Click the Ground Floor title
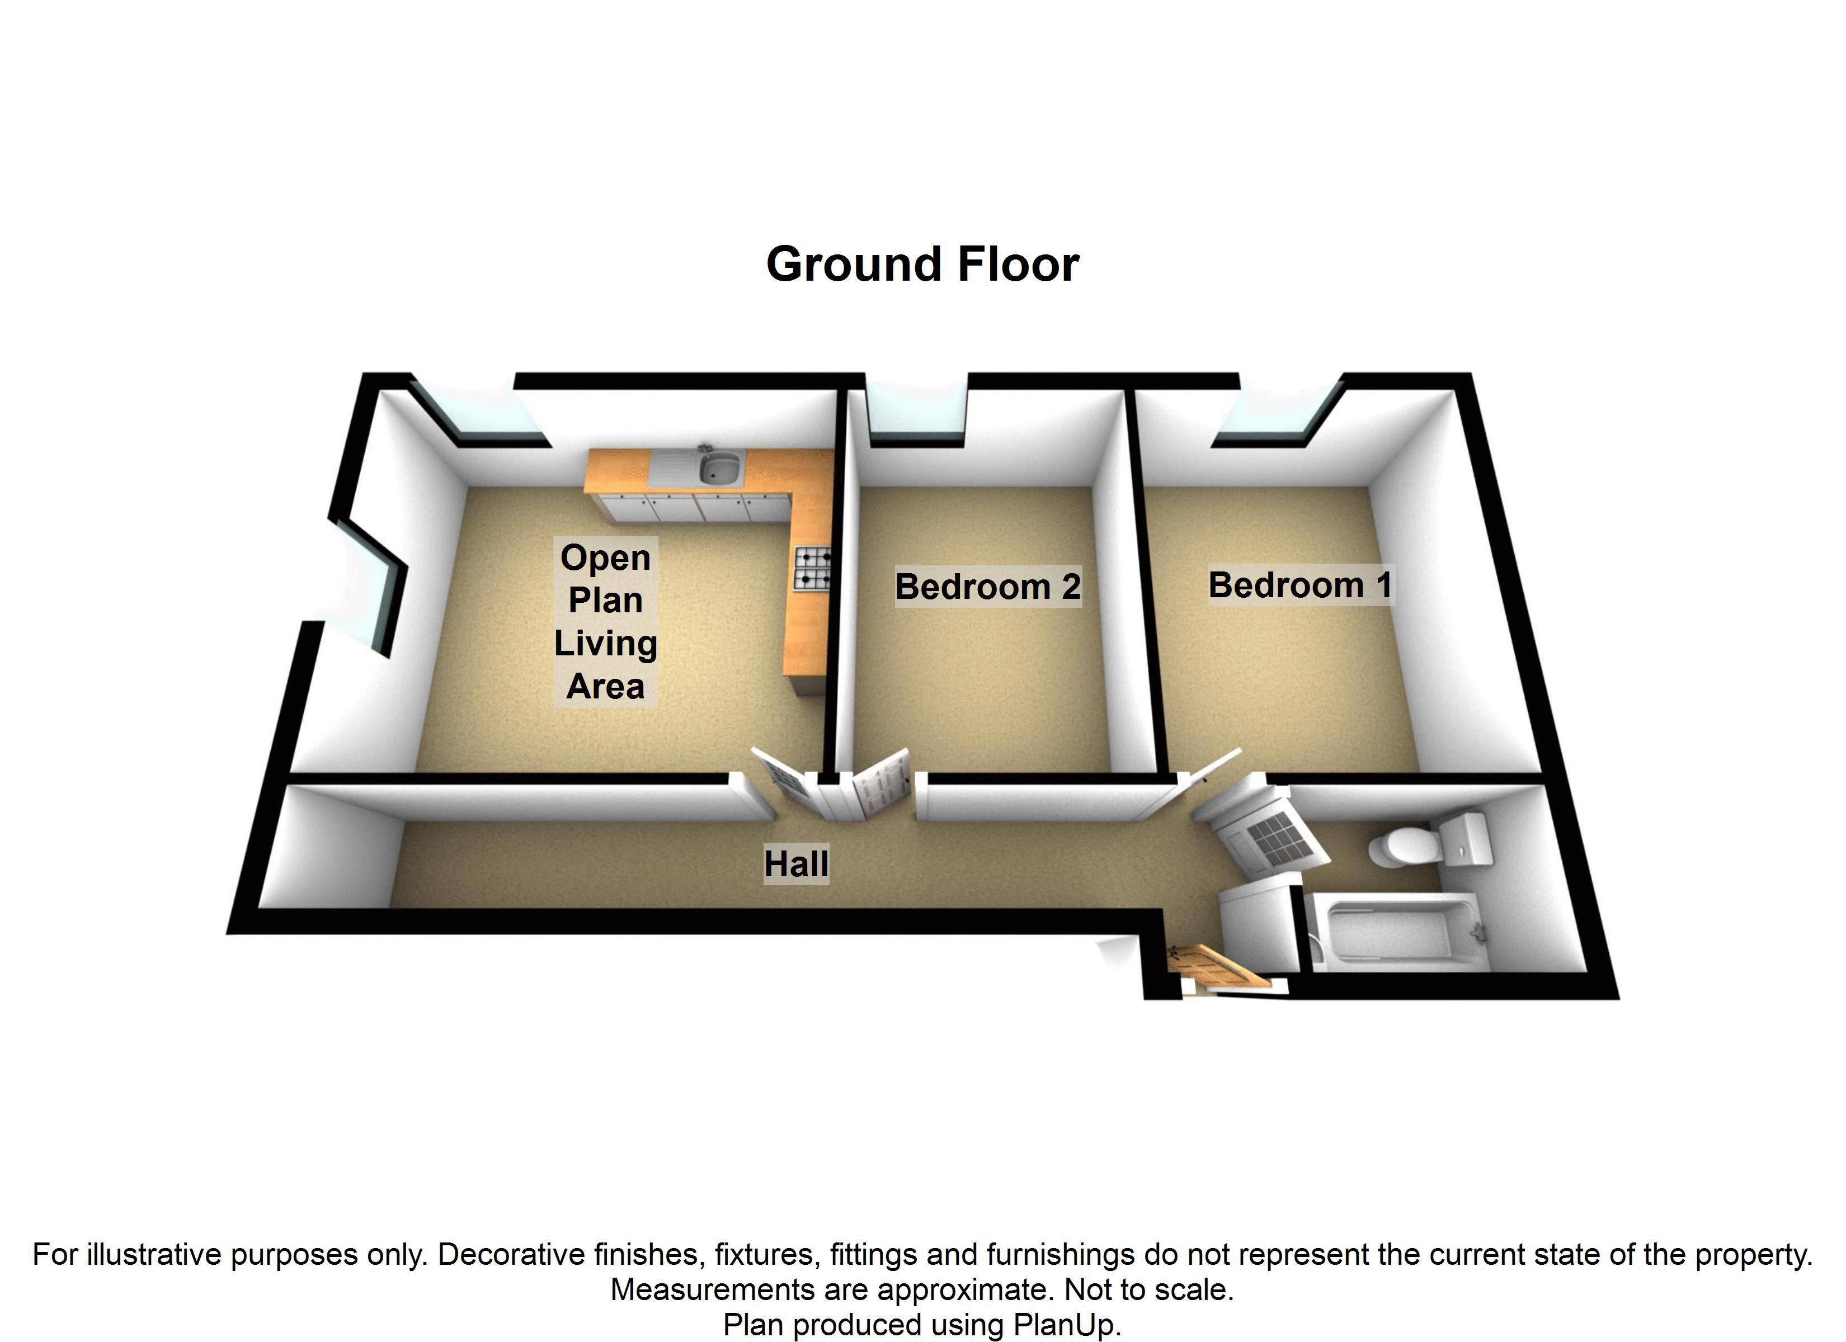click(x=922, y=265)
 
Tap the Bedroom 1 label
click(x=1300, y=585)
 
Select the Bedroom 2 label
click(x=987, y=587)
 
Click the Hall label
click(x=796, y=864)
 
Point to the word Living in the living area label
click(x=606, y=644)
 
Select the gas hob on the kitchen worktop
click(x=812, y=568)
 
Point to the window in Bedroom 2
click(x=918, y=417)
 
